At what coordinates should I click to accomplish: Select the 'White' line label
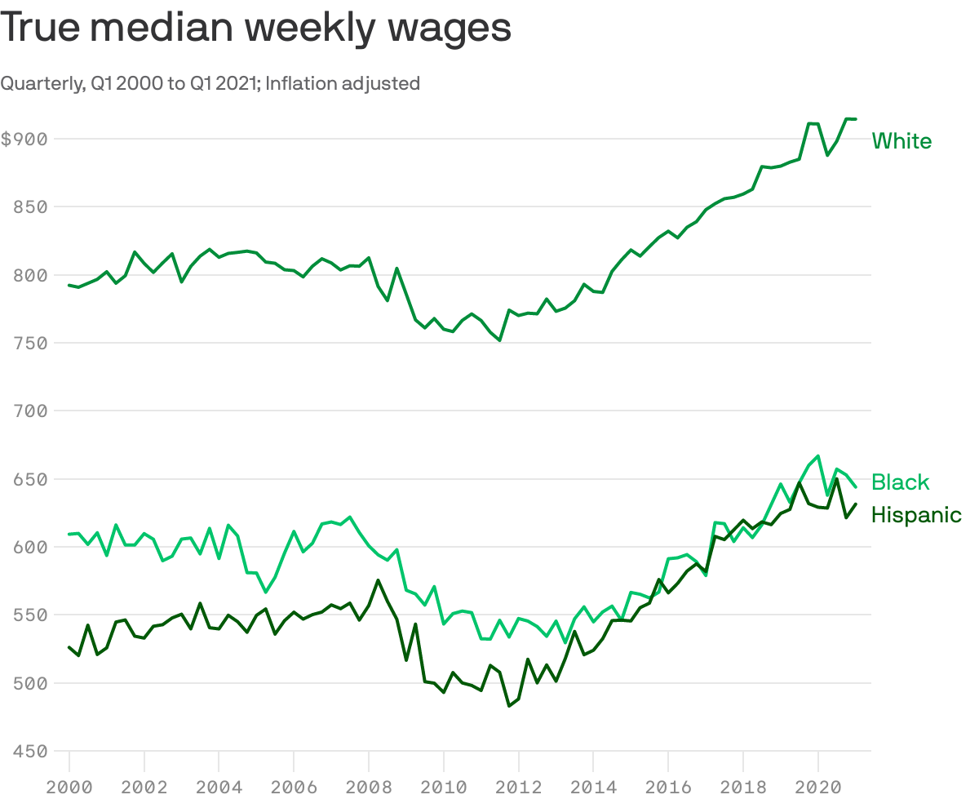tap(901, 141)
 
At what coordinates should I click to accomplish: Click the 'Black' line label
tap(900, 482)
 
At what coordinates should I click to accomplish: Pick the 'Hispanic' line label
tap(916, 515)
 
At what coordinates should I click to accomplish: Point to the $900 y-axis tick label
tap(24, 139)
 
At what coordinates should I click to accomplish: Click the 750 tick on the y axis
tap(30, 343)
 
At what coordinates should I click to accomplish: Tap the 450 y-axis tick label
tap(30, 751)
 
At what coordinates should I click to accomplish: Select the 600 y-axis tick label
tap(30, 547)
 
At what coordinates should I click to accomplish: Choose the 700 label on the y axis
tap(30, 411)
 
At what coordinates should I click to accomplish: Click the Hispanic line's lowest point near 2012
tap(509, 706)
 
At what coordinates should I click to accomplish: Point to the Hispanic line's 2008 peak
tap(378, 580)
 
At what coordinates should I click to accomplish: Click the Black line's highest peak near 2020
tap(817, 456)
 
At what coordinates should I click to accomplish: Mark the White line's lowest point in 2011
tap(499, 340)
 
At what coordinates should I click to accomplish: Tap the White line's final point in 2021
tap(855, 119)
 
